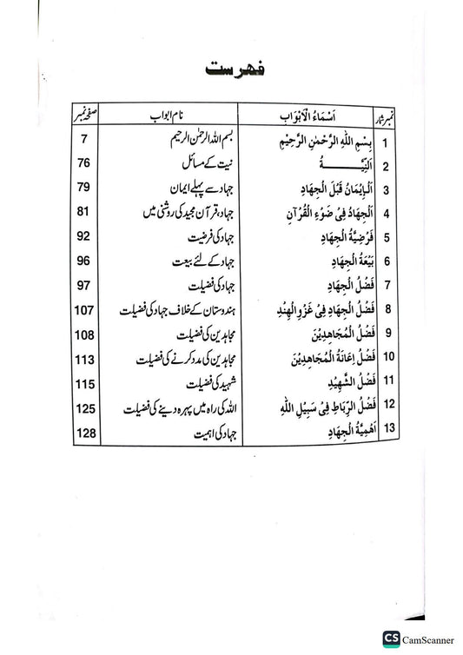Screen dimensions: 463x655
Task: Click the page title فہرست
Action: click(x=232, y=69)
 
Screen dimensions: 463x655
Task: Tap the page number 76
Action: click(x=84, y=164)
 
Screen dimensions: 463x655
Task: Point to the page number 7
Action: click(x=83, y=140)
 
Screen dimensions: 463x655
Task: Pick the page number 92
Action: click(x=84, y=236)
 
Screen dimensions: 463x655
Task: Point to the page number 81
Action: click(x=84, y=212)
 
